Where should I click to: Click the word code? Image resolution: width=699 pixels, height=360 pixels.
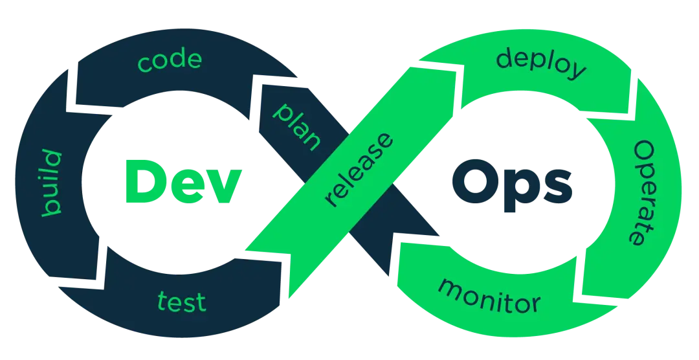[x=170, y=60]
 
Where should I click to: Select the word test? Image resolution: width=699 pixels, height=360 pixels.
[x=181, y=302]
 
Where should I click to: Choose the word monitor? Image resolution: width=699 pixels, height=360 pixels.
[x=489, y=295]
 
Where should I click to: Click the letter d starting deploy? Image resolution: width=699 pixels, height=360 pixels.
[x=505, y=58]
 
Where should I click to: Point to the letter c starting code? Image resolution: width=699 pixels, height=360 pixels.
[x=145, y=63]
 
